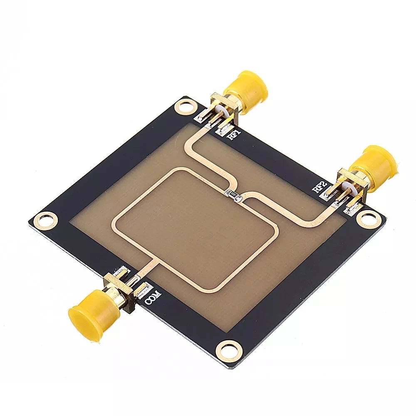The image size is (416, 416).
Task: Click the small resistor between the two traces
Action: point(234,194)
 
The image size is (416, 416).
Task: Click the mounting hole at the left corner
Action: point(45,218)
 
